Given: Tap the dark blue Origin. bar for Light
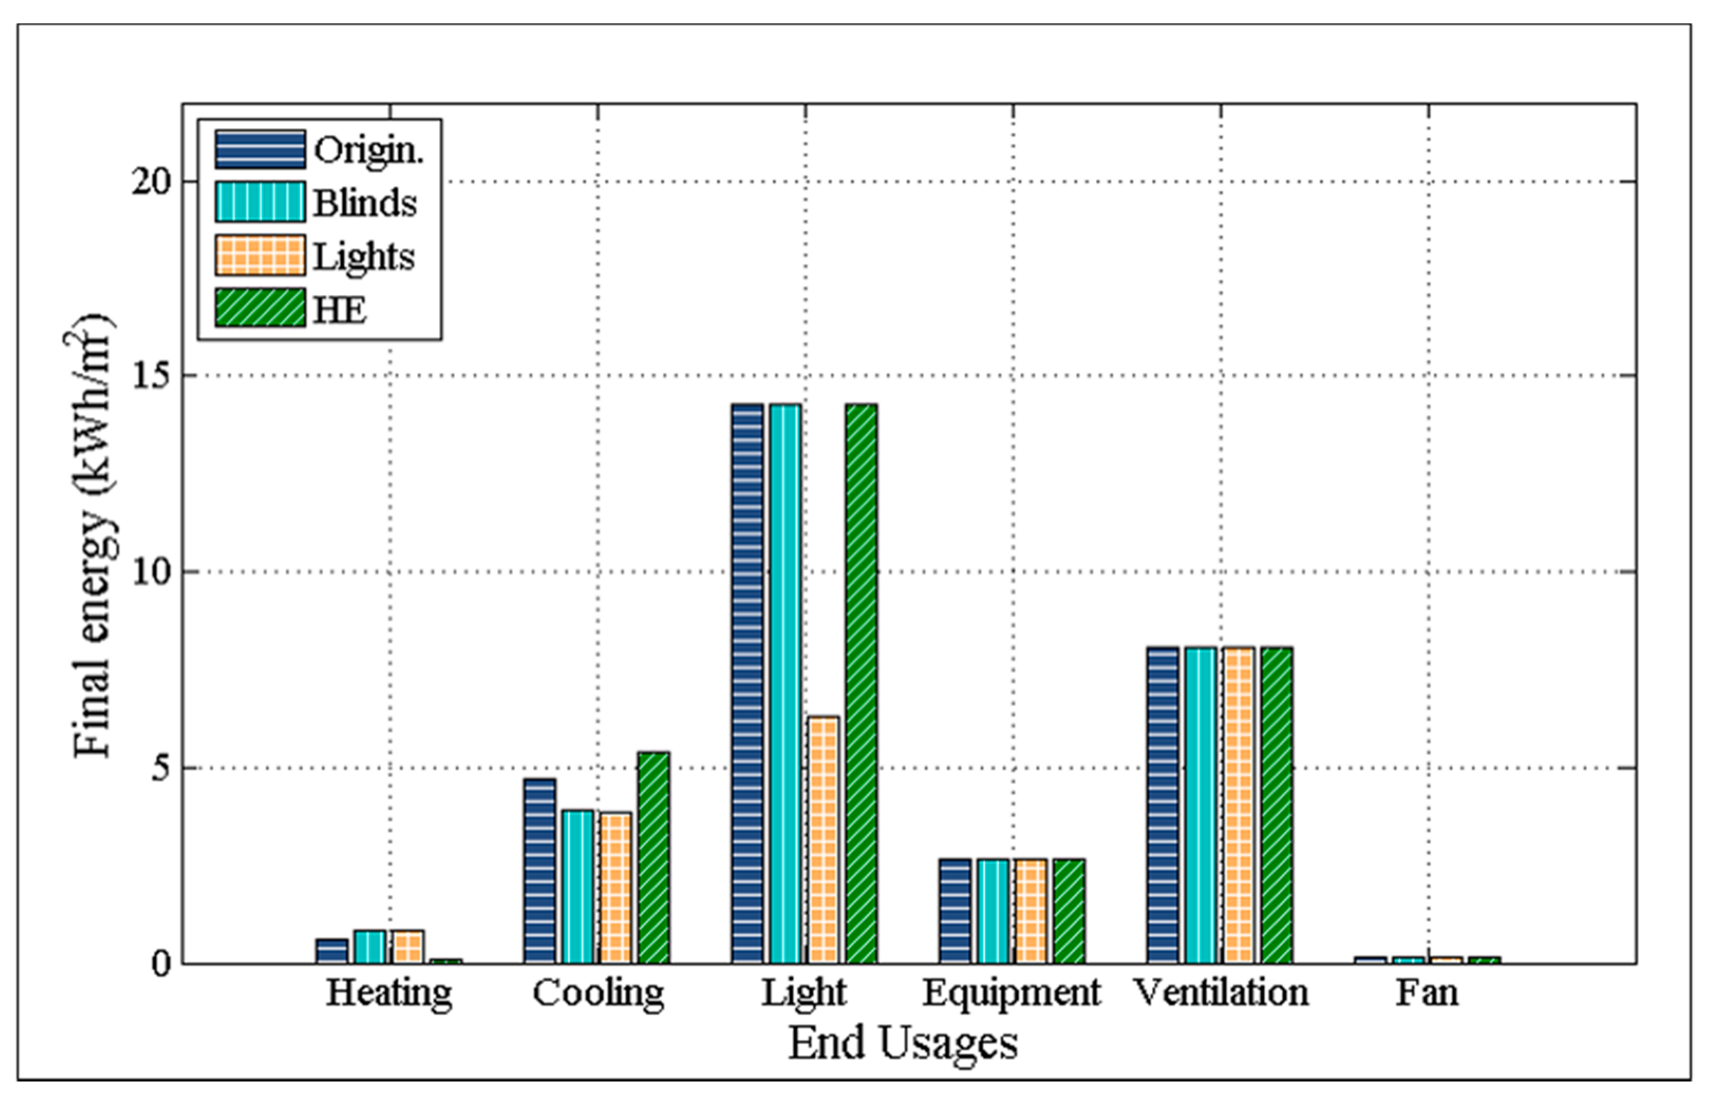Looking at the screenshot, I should tap(747, 684).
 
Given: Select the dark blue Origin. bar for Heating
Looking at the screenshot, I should tap(331, 951).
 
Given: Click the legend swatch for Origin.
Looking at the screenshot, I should tap(259, 150).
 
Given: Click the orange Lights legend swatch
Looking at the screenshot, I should tap(259, 256).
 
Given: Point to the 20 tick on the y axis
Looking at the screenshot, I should tap(151, 182).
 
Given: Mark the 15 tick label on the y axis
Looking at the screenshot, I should tap(151, 376).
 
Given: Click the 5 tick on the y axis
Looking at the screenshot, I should tap(160, 768).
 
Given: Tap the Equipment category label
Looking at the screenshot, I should tap(1012, 993).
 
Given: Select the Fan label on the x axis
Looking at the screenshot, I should tap(1427, 993).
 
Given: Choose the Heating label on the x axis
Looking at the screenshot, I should tap(389, 993).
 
